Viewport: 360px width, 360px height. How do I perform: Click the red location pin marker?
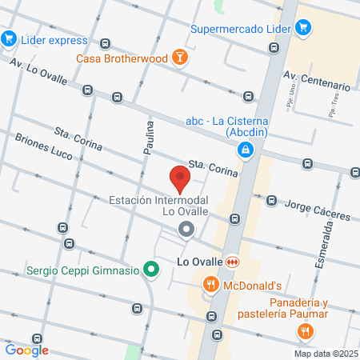coord(180,177)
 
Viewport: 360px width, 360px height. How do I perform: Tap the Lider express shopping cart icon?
coord(10,38)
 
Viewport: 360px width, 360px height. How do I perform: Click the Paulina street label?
coord(150,138)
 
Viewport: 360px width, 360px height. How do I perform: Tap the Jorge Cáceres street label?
coord(318,210)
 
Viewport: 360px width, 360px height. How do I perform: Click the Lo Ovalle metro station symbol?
coord(232,262)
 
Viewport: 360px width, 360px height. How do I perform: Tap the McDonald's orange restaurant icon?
coord(211,284)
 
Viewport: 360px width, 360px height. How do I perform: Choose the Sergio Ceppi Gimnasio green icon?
coord(150,270)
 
